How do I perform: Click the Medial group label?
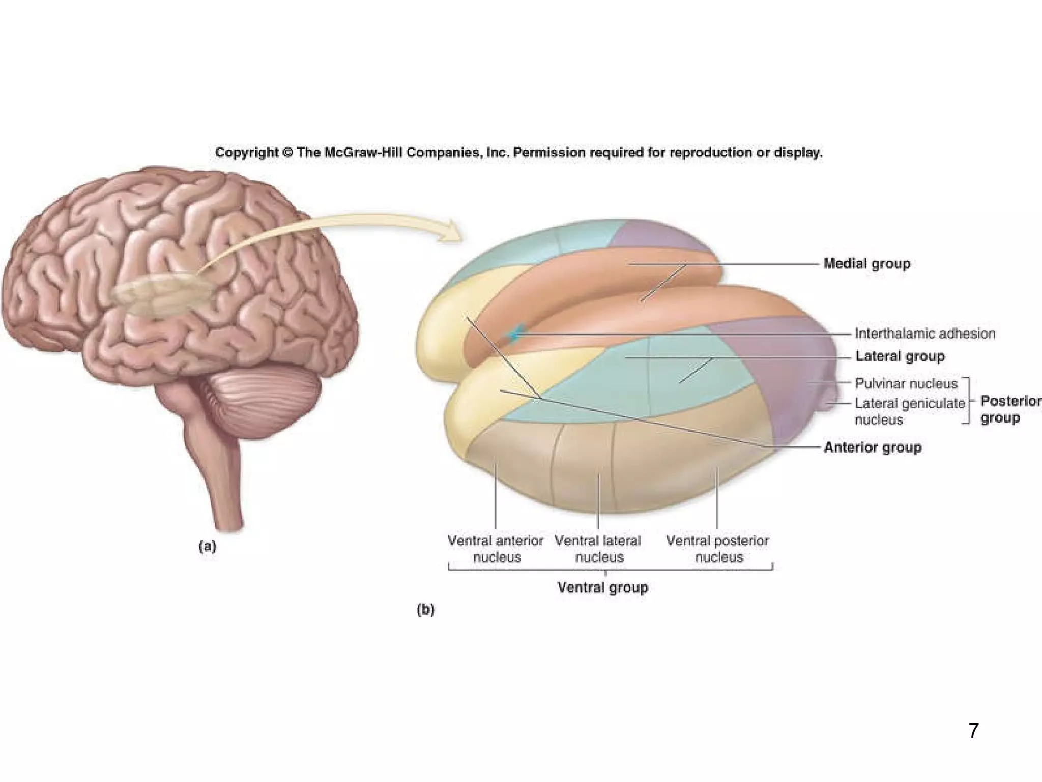coord(866,264)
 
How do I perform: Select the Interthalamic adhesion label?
coord(924,333)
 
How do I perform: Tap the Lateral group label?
coord(900,356)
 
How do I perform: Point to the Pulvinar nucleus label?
coord(906,383)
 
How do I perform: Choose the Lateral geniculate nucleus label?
coord(909,411)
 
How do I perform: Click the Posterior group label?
coord(1010,409)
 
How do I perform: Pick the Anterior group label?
coord(872,448)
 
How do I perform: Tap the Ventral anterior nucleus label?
coord(496,548)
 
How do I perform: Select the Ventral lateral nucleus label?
coord(598,548)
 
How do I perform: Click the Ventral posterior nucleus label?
coord(717,548)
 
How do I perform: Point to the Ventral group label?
coord(602,588)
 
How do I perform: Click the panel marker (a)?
coord(207,547)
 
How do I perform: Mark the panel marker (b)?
coord(425,609)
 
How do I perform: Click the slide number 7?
coord(973,731)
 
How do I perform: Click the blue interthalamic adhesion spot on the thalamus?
coord(515,334)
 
